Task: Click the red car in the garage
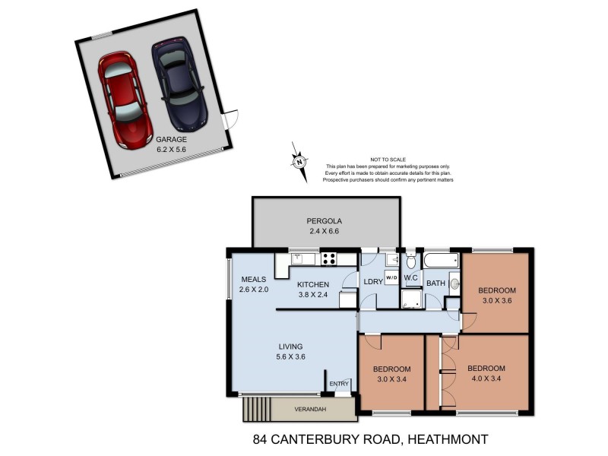click(125, 99)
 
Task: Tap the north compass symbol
click(300, 162)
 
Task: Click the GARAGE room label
click(171, 140)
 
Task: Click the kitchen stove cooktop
click(329, 258)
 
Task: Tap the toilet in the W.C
click(411, 262)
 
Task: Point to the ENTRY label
click(339, 384)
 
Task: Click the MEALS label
click(253, 279)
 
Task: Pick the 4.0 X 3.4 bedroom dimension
click(486, 378)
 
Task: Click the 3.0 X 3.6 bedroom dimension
click(496, 300)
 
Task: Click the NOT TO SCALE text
click(388, 159)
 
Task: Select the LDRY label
click(373, 282)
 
